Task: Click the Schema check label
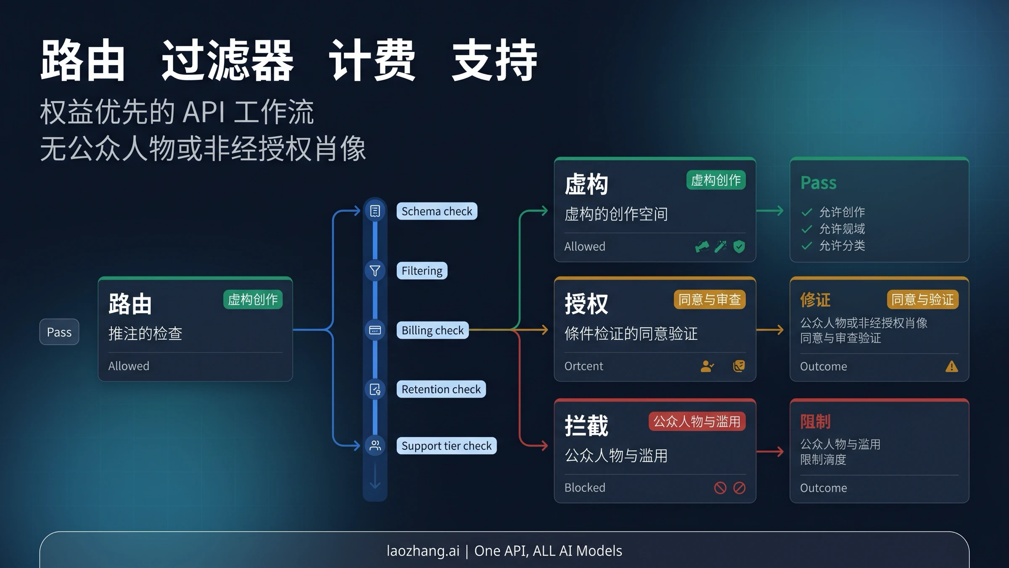pyautogui.click(x=436, y=211)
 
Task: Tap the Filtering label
pyautogui.click(x=422, y=271)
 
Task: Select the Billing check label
pyautogui.click(x=432, y=330)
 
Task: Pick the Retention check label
pyautogui.click(x=441, y=389)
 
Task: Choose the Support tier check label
pyautogui.click(x=446, y=446)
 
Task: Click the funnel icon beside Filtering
pyautogui.click(x=375, y=271)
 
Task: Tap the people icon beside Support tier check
pyautogui.click(x=375, y=445)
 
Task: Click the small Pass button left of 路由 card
pyautogui.click(x=59, y=332)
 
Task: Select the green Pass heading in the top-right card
pyautogui.click(x=818, y=183)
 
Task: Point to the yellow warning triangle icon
pyautogui.click(x=951, y=366)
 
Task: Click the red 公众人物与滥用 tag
pyautogui.click(x=697, y=421)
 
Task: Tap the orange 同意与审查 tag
pyautogui.click(x=709, y=300)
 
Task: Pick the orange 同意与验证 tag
pyautogui.click(x=922, y=300)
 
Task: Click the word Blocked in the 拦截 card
pyautogui.click(x=585, y=488)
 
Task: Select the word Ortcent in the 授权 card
pyautogui.click(x=584, y=366)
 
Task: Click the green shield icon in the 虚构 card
pyautogui.click(x=739, y=247)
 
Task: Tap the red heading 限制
pyautogui.click(x=815, y=421)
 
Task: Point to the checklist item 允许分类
pyautogui.click(x=842, y=246)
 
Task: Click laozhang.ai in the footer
pyautogui.click(x=423, y=551)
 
